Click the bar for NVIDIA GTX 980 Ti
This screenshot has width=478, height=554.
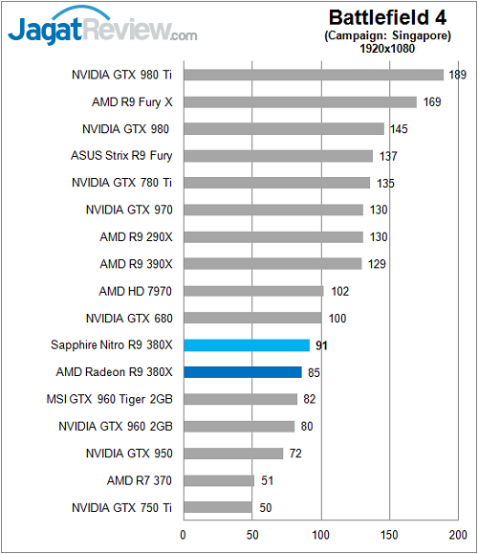pos(313,75)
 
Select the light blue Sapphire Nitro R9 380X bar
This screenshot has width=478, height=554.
pos(246,345)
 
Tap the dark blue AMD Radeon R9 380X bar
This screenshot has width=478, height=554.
pos(242,372)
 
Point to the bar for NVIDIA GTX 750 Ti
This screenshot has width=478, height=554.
pos(217,507)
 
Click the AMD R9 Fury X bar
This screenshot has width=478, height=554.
pos(299,101)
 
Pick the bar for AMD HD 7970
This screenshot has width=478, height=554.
pos(253,291)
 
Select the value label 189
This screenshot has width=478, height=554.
pos(458,75)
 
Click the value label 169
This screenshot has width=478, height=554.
pos(431,101)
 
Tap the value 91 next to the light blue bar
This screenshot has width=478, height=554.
pos(323,345)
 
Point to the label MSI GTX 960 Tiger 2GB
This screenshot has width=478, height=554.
pos(109,399)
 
